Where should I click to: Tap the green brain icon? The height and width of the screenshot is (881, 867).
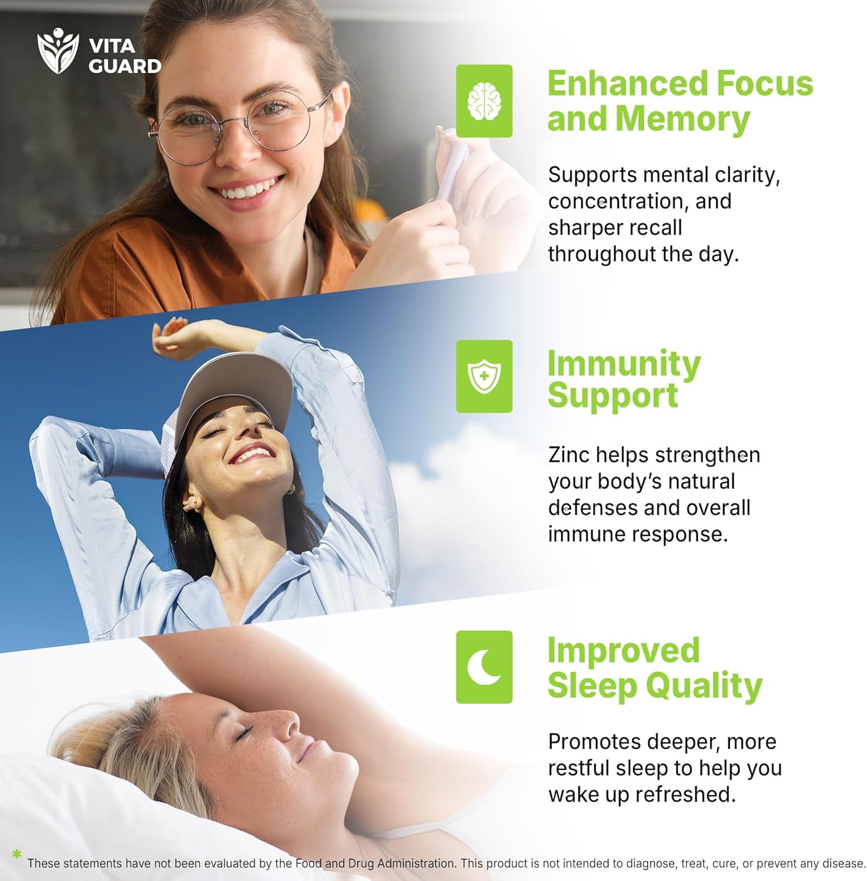click(x=484, y=101)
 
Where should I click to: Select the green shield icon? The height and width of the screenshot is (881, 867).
click(x=484, y=376)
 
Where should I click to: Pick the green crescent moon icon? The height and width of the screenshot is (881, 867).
click(x=484, y=667)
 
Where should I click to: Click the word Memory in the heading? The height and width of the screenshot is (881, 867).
click(x=682, y=119)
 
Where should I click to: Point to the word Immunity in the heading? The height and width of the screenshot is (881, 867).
click(x=624, y=364)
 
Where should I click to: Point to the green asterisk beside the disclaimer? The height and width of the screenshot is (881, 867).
click(x=16, y=854)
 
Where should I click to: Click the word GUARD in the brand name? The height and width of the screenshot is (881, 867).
click(x=125, y=66)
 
